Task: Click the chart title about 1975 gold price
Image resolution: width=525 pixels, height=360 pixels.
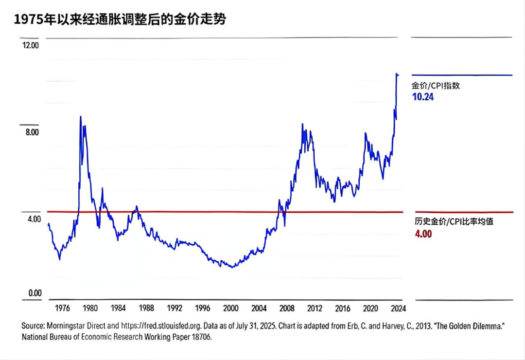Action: pos(120,19)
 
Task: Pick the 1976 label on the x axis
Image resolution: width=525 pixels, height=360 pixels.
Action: pos(61,308)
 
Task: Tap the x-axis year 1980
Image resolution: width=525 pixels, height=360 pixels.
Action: pos(89,308)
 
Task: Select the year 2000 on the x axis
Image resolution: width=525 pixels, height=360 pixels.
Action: pos(230,308)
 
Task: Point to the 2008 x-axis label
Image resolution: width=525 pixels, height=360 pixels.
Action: pos(287,308)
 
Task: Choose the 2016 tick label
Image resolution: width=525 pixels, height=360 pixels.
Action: pos(343,308)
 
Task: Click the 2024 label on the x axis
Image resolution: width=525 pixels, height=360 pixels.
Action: pos(398,308)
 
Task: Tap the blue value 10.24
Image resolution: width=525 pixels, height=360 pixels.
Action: pos(422,97)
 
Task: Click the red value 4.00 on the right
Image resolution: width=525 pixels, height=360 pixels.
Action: pos(422,234)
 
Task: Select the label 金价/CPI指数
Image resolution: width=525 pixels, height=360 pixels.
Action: pos(436,86)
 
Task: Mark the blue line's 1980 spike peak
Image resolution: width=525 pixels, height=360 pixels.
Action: pos(81,116)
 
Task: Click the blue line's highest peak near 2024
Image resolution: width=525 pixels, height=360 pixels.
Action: pos(397,74)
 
